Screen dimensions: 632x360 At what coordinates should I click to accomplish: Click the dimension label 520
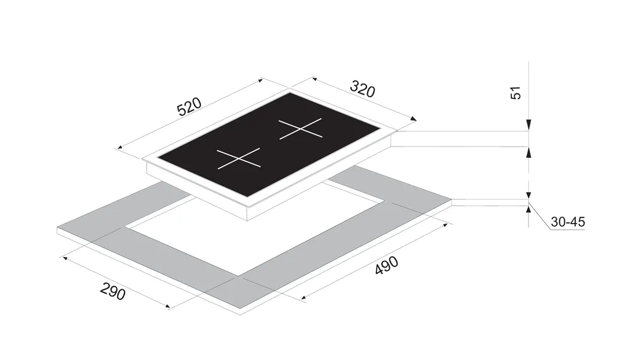pyautogui.click(x=189, y=107)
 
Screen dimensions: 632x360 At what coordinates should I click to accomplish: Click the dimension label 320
pyautogui.click(x=362, y=89)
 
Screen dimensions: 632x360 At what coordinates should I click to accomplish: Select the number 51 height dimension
pyautogui.click(x=516, y=93)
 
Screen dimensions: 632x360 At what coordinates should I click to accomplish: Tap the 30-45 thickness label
pyautogui.click(x=568, y=222)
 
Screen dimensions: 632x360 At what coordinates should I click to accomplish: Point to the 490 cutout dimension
pyautogui.click(x=387, y=265)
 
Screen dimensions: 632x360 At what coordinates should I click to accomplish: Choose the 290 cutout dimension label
pyautogui.click(x=112, y=291)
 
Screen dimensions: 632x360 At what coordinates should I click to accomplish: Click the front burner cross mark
pyautogui.click(x=239, y=159)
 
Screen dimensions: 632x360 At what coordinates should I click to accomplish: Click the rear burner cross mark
pyautogui.click(x=301, y=129)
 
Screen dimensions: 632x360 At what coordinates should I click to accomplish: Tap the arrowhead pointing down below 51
pyautogui.click(x=529, y=124)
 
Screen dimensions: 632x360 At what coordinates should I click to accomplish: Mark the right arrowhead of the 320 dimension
pyautogui.click(x=413, y=118)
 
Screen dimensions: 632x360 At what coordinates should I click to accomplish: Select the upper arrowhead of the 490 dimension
pyautogui.click(x=444, y=225)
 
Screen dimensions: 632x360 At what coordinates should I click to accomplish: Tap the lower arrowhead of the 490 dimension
pyautogui.click(x=305, y=298)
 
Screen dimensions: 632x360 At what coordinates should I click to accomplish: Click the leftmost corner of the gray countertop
pyautogui.click(x=58, y=228)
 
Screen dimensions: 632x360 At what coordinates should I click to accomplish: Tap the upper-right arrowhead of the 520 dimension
pyautogui.click(x=260, y=80)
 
